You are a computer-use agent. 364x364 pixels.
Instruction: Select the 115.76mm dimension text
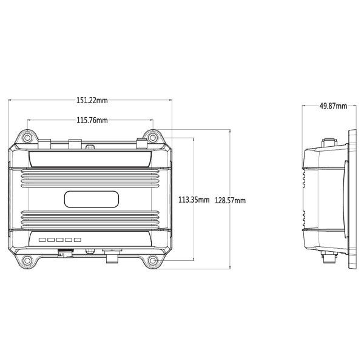pyautogui.click(x=92, y=120)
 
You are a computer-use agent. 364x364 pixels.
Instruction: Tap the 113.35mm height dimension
pyautogui.click(x=193, y=200)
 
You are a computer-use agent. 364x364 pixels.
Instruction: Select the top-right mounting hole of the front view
pyautogui.click(x=153, y=137)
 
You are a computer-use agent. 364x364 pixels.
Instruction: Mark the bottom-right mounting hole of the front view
pyautogui.click(x=153, y=261)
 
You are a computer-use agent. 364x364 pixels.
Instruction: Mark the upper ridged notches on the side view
pyautogui.click(x=305, y=178)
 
